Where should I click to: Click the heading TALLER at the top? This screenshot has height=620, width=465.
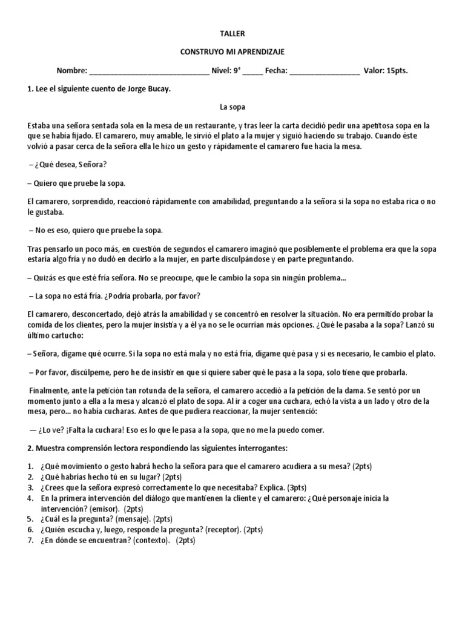click(x=232, y=35)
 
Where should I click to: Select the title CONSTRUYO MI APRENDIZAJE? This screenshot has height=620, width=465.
click(x=232, y=53)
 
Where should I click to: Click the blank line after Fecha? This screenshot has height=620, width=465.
click(x=325, y=71)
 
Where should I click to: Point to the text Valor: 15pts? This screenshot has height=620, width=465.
click(x=386, y=71)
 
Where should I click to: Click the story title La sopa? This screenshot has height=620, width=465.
click(x=232, y=107)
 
